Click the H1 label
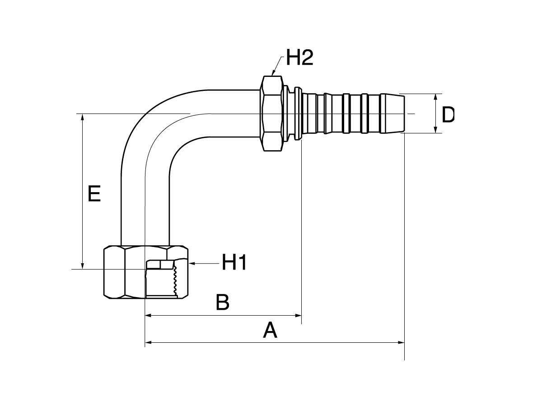coord(234,263)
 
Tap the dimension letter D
coord(448,115)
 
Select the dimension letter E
coord(94,194)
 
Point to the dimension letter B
coord(222,303)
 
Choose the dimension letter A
coord(270,331)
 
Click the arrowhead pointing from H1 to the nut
coord(192,263)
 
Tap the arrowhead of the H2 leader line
coord(274,73)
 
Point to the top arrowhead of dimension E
coord(83,117)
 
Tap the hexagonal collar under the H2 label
coord(272,113)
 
